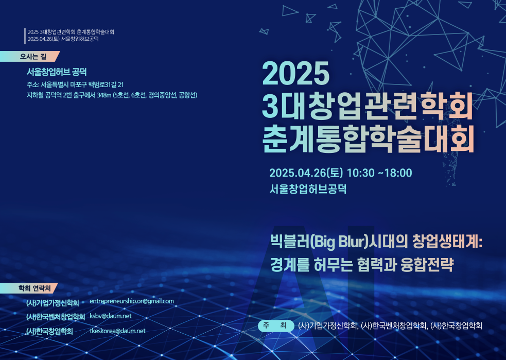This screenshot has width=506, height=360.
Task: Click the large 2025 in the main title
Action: click(295, 73)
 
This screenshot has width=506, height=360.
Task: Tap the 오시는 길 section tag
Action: click(30, 57)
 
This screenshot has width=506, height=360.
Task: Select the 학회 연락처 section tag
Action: click(29, 288)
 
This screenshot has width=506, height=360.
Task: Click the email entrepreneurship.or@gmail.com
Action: click(132, 301)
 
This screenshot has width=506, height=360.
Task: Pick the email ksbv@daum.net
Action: click(110, 316)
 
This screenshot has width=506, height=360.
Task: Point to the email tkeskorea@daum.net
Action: click(117, 331)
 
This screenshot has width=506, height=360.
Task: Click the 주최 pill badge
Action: click(276, 325)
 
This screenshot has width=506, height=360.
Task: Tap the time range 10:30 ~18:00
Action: click(379, 173)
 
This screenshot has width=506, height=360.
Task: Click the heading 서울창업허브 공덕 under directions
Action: click(57, 72)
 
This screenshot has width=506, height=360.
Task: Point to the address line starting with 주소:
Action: click(75, 85)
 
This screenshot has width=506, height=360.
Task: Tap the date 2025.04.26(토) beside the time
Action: click(306, 173)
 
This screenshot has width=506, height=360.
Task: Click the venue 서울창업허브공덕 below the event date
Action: click(308, 189)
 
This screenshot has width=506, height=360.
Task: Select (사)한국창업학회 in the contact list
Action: click(49, 331)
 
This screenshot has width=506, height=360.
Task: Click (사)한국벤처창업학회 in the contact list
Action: click(56, 317)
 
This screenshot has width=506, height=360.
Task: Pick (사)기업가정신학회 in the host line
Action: click(328, 326)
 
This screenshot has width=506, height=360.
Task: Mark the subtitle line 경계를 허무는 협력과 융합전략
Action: click(362, 265)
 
